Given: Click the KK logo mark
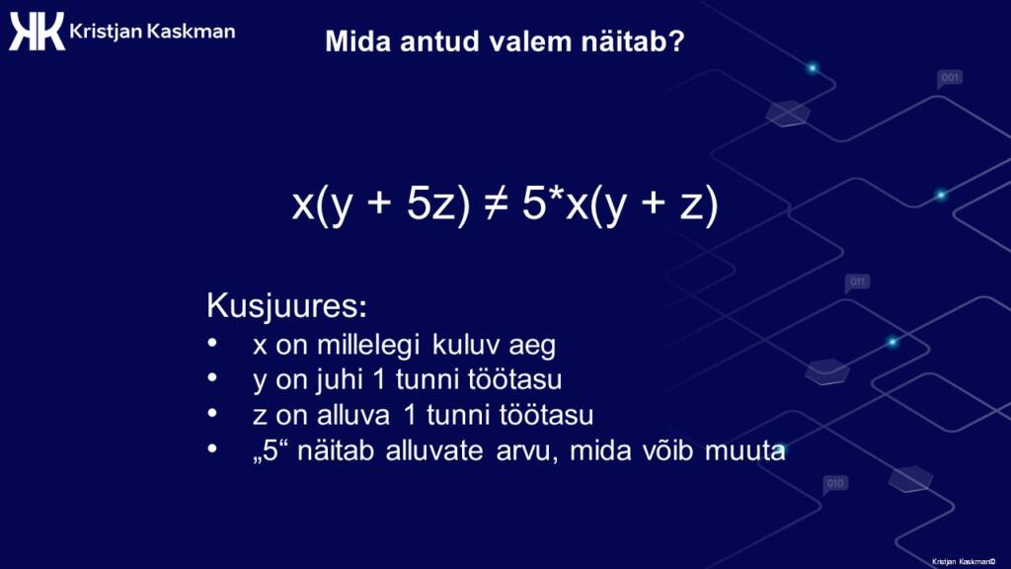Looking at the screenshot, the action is coord(37,31).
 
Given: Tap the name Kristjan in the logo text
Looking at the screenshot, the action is coord(106,32).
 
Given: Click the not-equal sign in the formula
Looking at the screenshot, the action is coord(496,203).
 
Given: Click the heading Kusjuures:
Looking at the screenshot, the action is coord(287,305).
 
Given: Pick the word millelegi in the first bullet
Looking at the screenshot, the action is coord(368,345).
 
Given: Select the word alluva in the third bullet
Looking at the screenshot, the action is coord(353,415).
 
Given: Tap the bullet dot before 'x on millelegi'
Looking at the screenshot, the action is coord(212,344).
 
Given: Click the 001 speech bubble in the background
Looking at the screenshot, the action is coord(949,79).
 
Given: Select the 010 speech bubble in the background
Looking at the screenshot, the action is coord(835,484).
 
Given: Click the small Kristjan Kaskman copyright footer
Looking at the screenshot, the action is coord(964,562).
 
